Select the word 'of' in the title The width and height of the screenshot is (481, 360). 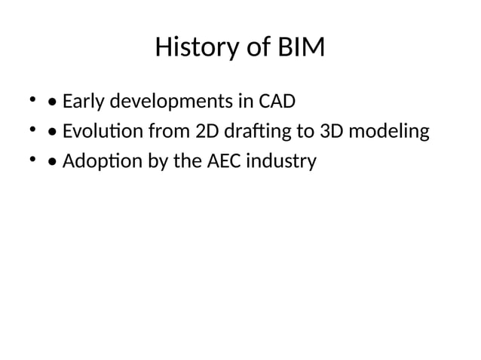pyautogui.click(x=253, y=49)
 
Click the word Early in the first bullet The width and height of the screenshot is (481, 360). pyautogui.click(x=81, y=101)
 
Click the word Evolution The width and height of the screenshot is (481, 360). pyautogui.click(x=103, y=132)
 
